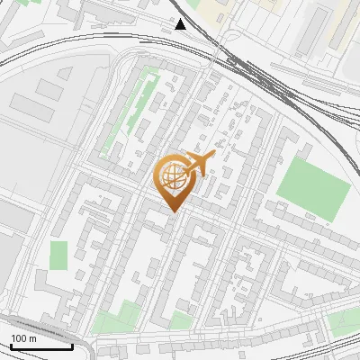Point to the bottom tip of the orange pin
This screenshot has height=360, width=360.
[172, 212]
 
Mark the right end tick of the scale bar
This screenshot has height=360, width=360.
[73, 345]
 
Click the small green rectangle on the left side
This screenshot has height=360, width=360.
[58, 255]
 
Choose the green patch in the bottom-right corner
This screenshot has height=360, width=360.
[344, 324]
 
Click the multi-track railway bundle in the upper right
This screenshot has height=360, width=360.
[270, 81]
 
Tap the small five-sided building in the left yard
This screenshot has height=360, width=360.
[49, 90]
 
